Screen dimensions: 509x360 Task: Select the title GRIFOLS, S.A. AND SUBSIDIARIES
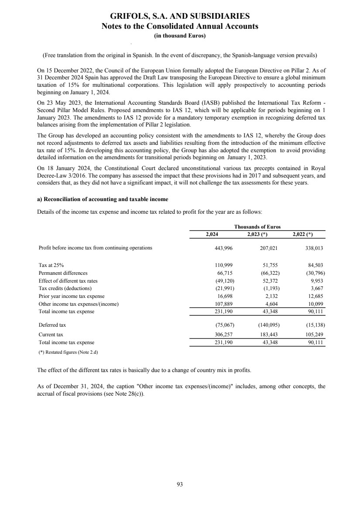point(180,17)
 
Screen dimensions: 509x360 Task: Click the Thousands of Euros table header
point(257,227)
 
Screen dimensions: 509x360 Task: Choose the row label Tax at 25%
point(53,265)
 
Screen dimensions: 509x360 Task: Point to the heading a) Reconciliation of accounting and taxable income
point(103,199)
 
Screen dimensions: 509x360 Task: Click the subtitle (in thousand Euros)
point(180,36)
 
